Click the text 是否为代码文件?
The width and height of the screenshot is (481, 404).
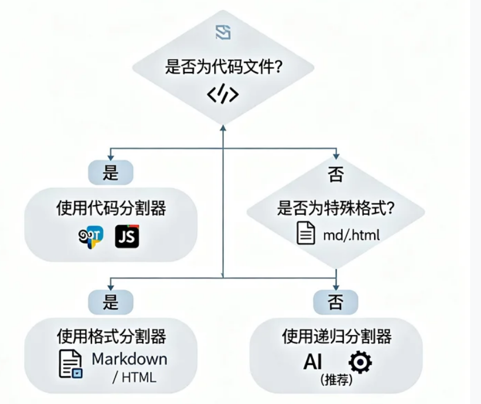click(223, 67)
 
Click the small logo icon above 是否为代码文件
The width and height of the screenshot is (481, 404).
click(223, 33)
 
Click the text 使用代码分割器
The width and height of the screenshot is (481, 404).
click(111, 209)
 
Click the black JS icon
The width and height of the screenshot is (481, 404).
click(127, 236)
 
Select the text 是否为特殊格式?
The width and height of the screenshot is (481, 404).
click(336, 209)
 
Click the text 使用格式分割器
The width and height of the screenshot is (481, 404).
click(111, 337)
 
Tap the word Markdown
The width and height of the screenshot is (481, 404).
click(130, 359)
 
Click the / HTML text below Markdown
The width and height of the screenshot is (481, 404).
click(134, 378)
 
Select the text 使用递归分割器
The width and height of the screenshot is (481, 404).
click(336, 337)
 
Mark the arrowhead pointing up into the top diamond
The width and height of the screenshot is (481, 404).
click(223, 129)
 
